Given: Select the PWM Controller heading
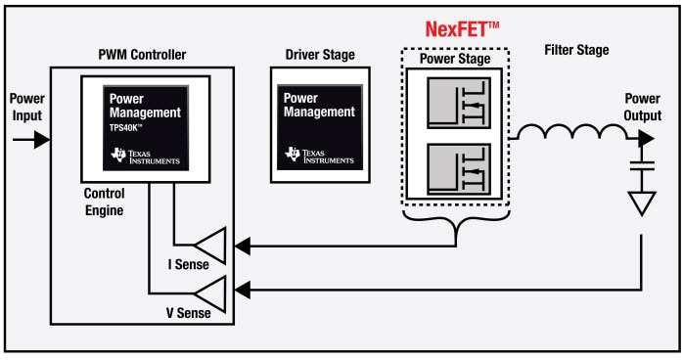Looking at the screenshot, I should click(143, 54).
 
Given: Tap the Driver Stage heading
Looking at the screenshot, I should click(320, 54).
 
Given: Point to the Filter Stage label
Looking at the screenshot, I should click(576, 49).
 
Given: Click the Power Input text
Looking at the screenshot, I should click(26, 109).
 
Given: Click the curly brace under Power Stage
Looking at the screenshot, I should click(456, 224).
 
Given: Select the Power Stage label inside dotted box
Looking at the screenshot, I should click(456, 58).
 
